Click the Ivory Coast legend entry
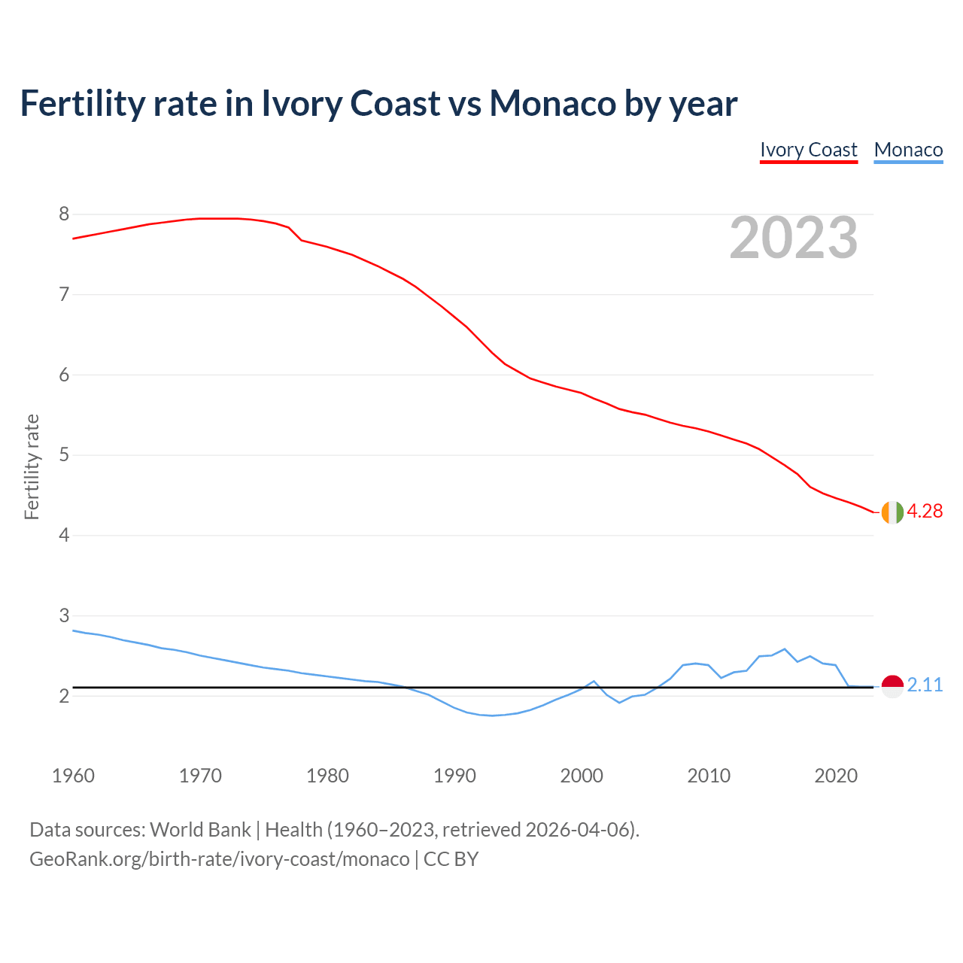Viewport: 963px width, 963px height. [x=808, y=150]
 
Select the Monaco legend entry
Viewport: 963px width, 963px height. [x=908, y=150]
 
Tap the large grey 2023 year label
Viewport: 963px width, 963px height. [x=794, y=238]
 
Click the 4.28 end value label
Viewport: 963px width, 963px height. [x=925, y=511]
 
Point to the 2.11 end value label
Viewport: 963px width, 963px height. [x=925, y=685]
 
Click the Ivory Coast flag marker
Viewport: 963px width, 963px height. [x=892, y=512]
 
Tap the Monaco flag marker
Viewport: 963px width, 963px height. [x=892, y=685]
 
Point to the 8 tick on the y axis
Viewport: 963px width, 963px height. [x=64, y=214]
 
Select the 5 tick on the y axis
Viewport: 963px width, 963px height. [x=64, y=455]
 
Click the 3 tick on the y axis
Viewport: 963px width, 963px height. [x=64, y=616]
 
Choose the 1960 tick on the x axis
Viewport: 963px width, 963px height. [x=73, y=776]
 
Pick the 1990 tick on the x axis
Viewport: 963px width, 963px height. [x=454, y=776]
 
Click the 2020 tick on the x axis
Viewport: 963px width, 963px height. [x=836, y=776]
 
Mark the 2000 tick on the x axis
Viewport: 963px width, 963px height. [x=582, y=776]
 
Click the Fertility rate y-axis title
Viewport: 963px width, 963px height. [x=32, y=466]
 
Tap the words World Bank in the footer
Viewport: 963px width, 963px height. [x=200, y=830]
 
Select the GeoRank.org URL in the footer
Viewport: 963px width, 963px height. [x=219, y=858]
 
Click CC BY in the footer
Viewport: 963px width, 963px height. [x=451, y=858]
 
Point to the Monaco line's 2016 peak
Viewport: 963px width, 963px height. [x=785, y=649]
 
